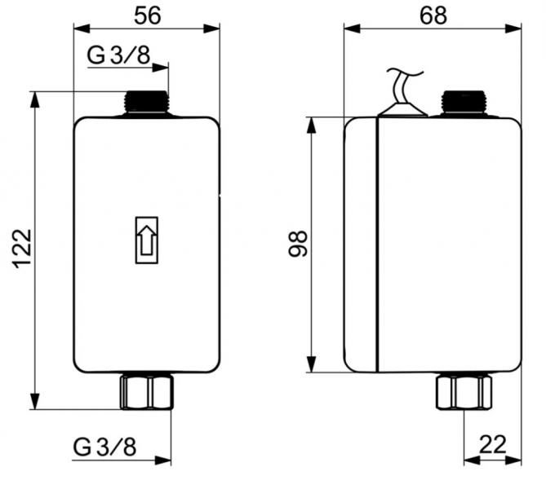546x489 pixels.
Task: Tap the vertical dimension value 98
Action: [x=300, y=244]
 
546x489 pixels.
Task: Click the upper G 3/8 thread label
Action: [x=118, y=55]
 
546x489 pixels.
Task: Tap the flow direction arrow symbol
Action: [x=147, y=240]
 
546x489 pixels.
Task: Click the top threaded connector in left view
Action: [x=147, y=102]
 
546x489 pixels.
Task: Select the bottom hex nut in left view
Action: [x=147, y=391]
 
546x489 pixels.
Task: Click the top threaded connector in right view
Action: [x=464, y=102]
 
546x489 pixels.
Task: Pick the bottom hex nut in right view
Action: [x=464, y=391]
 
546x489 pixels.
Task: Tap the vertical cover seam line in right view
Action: [x=376, y=244]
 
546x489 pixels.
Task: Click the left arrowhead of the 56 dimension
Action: [x=78, y=29]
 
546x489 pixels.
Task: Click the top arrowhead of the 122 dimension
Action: [x=34, y=97]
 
